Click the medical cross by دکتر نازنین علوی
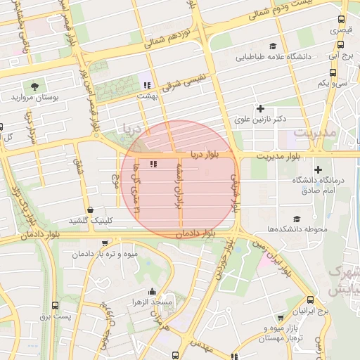tap(261, 108)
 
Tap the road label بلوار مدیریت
tap(283, 155)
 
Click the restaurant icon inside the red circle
tap(153, 165)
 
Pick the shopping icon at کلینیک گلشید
tap(91, 210)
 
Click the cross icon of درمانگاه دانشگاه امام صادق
tap(319, 169)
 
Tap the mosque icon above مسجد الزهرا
tap(151, 292)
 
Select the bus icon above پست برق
tap(56, 305)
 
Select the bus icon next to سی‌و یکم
tap(333, 72)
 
